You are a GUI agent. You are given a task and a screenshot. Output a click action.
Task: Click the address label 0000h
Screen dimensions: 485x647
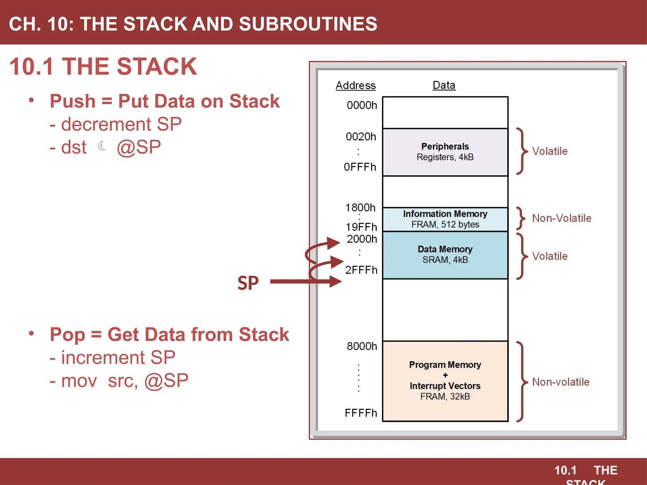click(362, 105)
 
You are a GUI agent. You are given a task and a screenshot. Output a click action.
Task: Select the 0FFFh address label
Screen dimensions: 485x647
click(360, 167)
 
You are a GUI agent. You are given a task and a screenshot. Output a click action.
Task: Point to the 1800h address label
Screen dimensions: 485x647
click(360, 208)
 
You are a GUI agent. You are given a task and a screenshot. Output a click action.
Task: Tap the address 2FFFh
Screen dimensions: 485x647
click(361, 270)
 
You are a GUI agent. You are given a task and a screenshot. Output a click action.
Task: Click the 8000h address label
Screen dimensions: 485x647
click(362, 346)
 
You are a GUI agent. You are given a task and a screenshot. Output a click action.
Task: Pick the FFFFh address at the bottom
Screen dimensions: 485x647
click(361, 413)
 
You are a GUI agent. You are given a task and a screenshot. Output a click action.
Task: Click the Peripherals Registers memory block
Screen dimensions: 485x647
click(445, 152)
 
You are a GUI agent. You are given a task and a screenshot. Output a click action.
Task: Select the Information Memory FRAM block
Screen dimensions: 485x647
click(445, 219)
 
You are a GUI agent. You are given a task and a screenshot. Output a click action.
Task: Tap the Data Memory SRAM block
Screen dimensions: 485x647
click(445, 254)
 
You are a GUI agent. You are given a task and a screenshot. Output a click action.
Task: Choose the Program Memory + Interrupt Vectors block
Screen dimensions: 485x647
click(445, 380)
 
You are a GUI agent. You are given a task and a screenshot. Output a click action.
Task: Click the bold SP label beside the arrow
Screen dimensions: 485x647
click(248, 283)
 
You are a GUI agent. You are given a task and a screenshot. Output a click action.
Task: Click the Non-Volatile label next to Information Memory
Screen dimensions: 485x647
click(561, 218)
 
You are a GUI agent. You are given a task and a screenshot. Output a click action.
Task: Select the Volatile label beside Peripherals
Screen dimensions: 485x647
click(550, 151)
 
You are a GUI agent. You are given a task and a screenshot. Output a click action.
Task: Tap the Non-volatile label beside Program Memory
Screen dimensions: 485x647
click(561, 382)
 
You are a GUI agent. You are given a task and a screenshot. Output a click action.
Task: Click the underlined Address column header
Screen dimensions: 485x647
click(356, 86)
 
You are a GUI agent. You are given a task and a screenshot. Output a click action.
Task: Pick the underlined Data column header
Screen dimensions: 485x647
click(444, 85)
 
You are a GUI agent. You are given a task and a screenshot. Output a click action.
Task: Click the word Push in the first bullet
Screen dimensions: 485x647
click(73, 101)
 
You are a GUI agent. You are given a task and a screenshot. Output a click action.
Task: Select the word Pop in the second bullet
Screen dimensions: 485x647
click(67, 335)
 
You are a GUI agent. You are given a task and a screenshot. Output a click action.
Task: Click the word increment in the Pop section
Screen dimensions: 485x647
click(103, 358)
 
